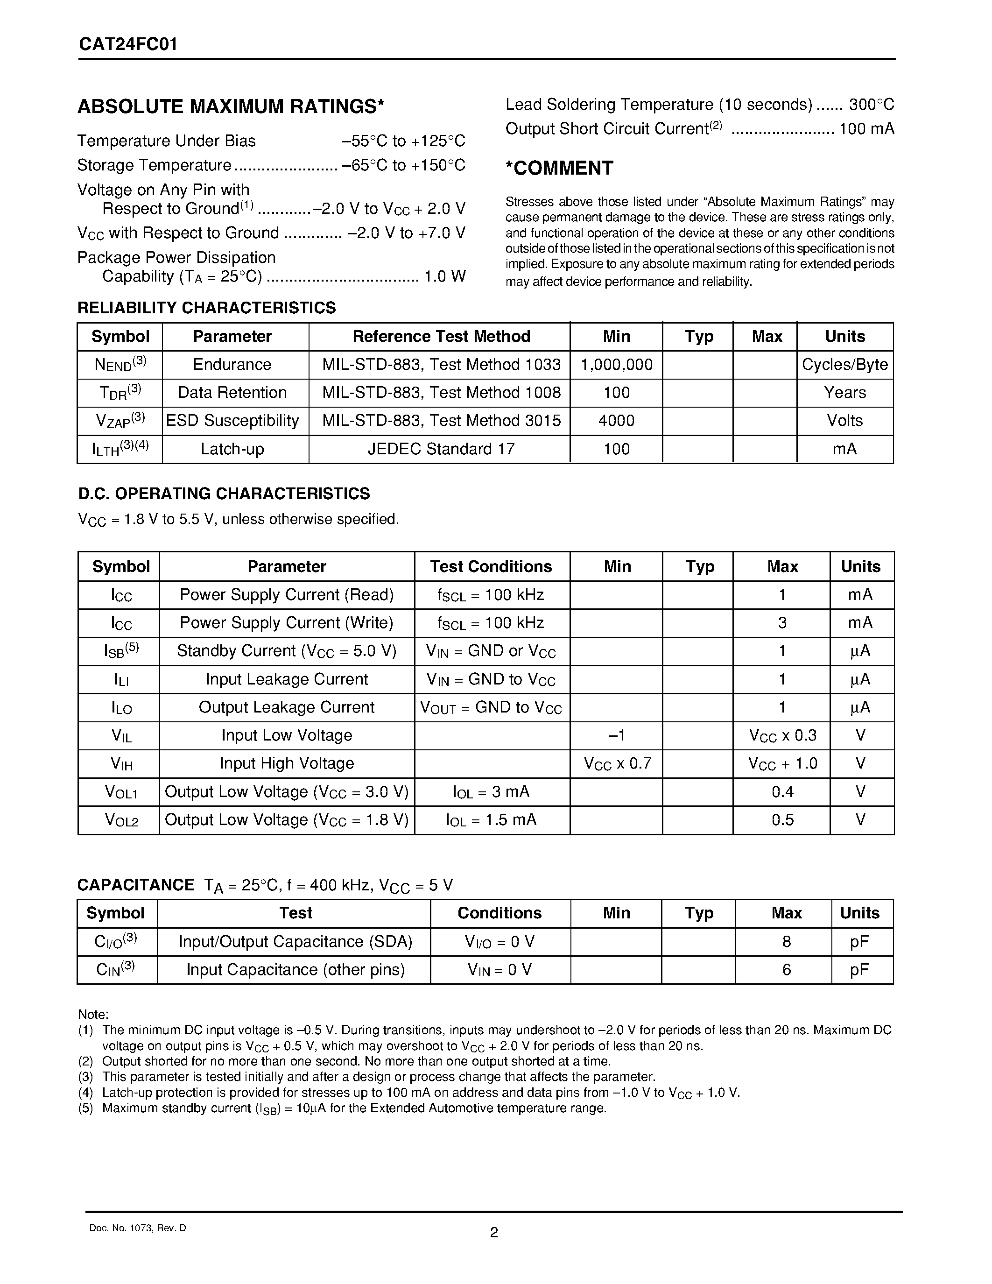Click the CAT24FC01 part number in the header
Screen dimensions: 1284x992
pos(128,45)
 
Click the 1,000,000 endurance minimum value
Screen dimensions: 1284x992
pos(617,365)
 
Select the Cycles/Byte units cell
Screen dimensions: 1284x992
pos(844,365)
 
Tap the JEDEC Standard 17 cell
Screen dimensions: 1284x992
pos(441,449)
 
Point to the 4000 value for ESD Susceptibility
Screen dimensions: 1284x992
pos(617,421)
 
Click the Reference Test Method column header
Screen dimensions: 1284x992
pos(441,336)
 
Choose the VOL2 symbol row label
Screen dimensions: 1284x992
pos(121,820)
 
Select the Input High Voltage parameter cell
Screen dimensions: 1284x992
pos(287,764)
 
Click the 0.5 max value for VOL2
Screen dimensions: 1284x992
pos(782,820)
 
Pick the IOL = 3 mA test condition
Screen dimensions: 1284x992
pos(491,792)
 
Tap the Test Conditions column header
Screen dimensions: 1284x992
pos(491,567)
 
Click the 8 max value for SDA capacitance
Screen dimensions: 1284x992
pos(786,942)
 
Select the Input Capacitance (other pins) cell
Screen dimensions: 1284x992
pos(295,969)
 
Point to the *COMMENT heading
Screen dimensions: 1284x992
pos(559,168)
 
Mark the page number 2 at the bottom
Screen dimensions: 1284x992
pos(493,1232)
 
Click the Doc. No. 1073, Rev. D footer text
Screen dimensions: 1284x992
pos(138,1228)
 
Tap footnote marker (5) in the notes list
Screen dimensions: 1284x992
pos(86,1108)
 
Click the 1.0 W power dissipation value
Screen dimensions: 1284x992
pos(445,276)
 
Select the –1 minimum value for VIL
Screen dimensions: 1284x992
pos(617,735)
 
